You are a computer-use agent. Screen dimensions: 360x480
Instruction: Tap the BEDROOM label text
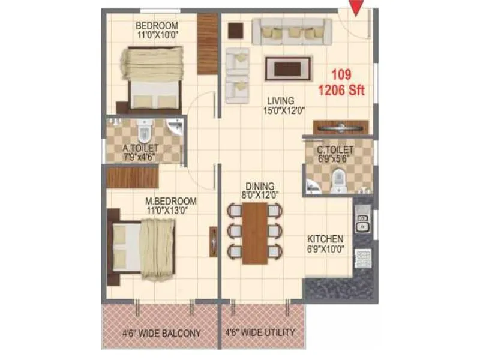(157, 26)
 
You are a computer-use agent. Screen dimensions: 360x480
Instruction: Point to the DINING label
(260, 185)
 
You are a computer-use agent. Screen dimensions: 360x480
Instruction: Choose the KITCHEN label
(325, 238)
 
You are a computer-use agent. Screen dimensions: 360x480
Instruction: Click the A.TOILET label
(140, 148)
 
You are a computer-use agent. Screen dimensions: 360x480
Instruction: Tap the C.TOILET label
(335, 149)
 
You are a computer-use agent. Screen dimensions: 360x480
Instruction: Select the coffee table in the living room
(288, 68)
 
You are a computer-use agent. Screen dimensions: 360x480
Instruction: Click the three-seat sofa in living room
(292, 31)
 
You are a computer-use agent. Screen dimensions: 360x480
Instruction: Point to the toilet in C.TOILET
(338, 177)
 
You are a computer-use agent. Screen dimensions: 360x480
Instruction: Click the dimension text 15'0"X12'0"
(284, 110)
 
